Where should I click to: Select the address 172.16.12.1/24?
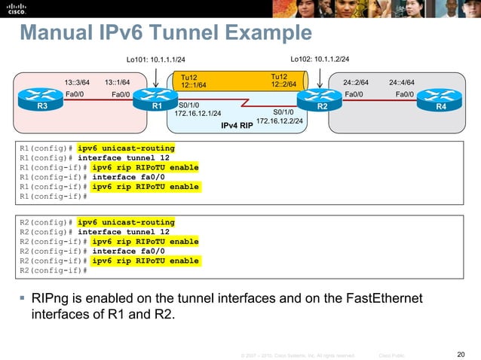click(x=198, y=113)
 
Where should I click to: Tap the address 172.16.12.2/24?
click(x=280, y=120)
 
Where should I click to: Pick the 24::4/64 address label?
click(x=402, y=82)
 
